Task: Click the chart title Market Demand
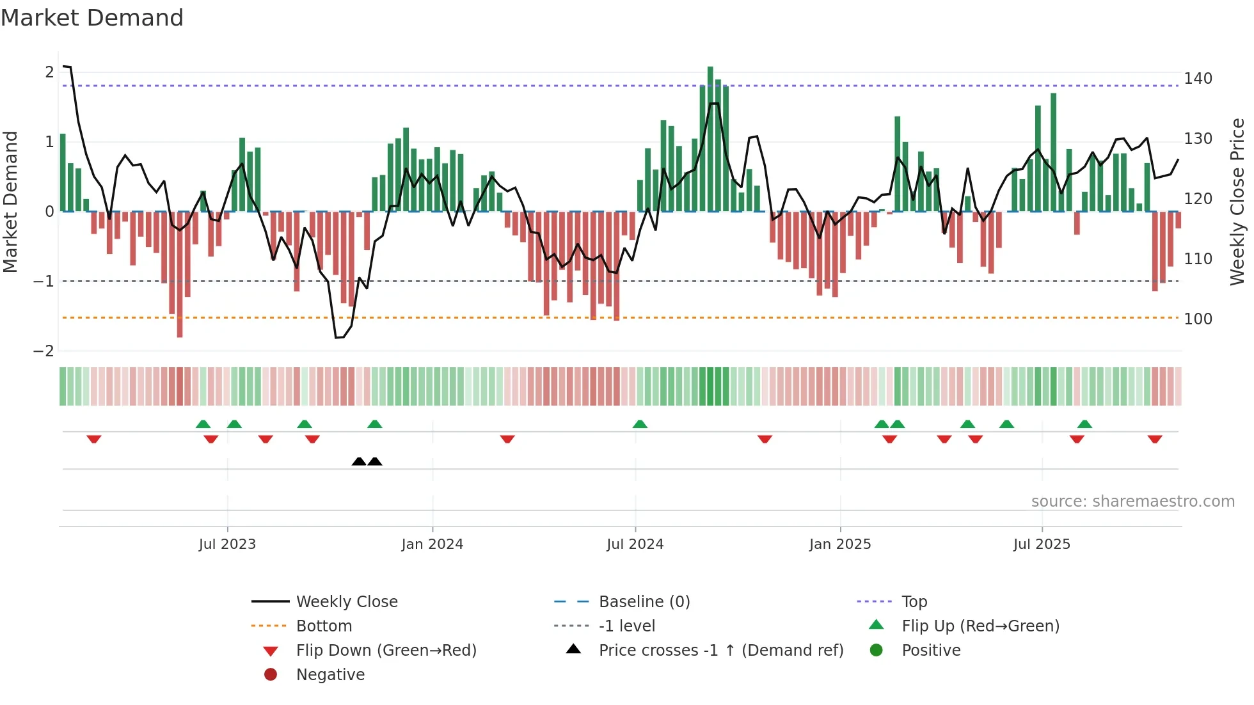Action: click(92, 18)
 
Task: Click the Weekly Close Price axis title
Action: click(1237, 201)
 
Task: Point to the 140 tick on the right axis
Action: click(1197, 79)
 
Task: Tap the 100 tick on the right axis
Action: click(1197, 319)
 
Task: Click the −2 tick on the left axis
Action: click(44, 351)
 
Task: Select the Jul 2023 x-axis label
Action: click(227, 544)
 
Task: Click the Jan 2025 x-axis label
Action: click(839, 544)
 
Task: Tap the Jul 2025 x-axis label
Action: click(1041, 544)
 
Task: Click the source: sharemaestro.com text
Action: click(1132, 502)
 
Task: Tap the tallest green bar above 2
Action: click(710, 138)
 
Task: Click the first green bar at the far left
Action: click(63, 173)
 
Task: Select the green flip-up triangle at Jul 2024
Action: click(640, 424)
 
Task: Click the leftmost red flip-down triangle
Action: click(94, 439)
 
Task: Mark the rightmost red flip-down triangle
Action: click(1155, 439)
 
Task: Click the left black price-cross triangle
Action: click(359, 461)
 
